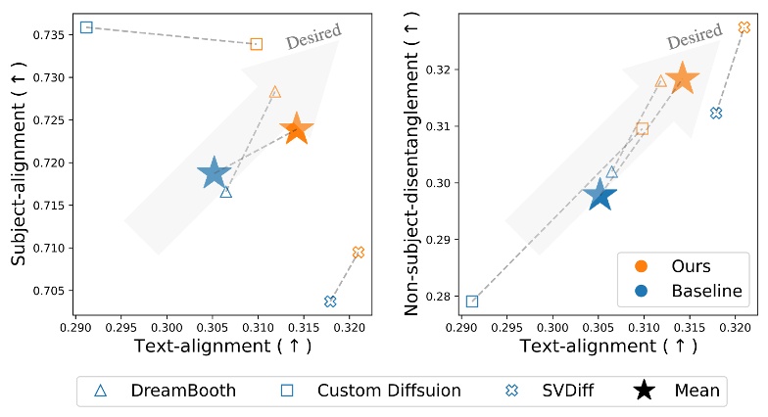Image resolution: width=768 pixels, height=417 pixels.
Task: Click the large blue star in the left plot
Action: (x=214, y=173)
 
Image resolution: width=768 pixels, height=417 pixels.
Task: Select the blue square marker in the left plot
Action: (x=86, y=27)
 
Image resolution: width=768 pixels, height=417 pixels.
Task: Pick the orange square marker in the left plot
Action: (x=257, y=44)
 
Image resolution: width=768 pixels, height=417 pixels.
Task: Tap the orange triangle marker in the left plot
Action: (x=274, y=92)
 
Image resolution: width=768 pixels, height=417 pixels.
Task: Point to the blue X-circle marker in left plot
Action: (x=330, y=301)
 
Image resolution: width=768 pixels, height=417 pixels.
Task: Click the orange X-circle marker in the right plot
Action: (x=744, y=27)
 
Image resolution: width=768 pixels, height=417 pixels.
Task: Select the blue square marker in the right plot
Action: (x=472, y=301)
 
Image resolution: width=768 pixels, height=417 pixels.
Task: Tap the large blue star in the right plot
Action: (x=600, y=195)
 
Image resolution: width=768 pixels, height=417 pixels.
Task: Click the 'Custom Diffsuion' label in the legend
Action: (x=389, y=391)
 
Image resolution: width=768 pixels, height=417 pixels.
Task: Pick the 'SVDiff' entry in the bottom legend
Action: (x=548, y=391)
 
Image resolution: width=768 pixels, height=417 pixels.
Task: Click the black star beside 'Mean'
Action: (x=645, y=391)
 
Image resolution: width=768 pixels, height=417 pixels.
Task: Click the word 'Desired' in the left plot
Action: (x=312, y=36)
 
